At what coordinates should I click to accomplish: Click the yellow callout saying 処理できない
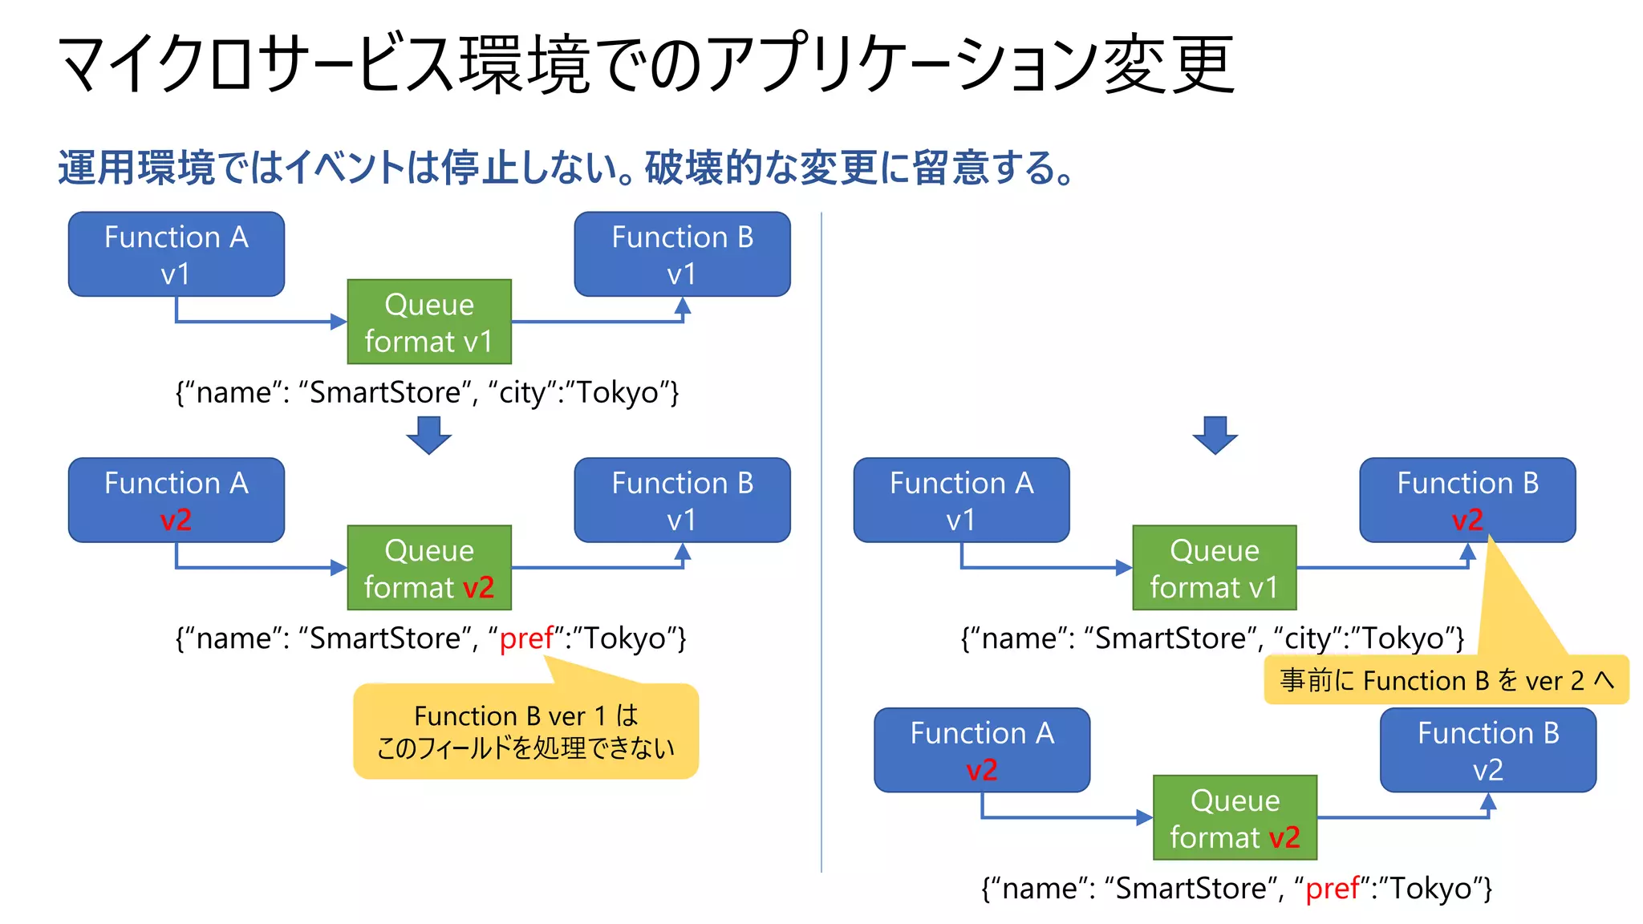525,731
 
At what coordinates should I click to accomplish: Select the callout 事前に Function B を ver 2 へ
1446,680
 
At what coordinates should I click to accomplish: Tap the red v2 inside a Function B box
1467,520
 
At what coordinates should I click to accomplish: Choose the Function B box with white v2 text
1487,750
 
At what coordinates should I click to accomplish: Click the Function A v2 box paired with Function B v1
176,500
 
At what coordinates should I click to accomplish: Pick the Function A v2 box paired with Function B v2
981,750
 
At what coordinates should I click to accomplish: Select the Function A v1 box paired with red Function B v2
961,500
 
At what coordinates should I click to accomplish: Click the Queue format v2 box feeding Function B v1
429,568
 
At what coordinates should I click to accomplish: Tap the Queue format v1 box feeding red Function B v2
1214,568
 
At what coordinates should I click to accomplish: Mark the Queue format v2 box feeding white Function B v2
1235,817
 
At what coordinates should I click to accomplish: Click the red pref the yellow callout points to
526,638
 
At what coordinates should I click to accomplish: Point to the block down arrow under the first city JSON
428,435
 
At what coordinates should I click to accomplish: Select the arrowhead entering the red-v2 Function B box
1467,551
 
